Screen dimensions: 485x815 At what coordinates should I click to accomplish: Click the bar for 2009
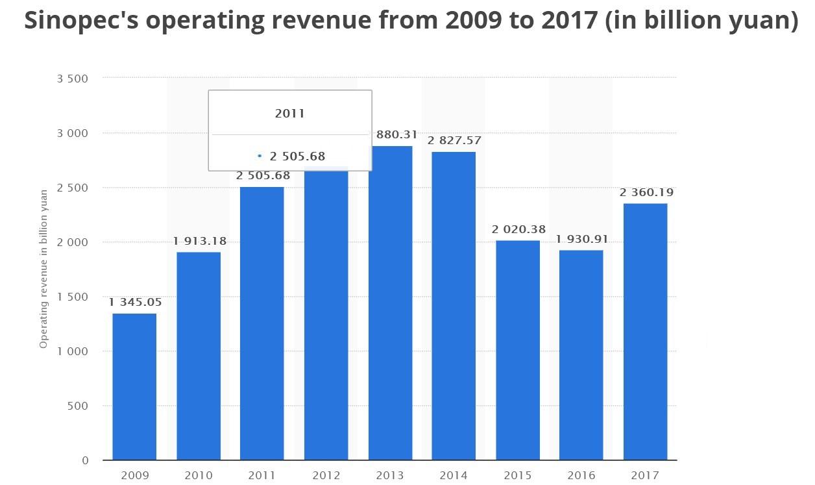134,387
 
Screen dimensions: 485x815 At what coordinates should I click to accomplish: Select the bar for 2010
199,356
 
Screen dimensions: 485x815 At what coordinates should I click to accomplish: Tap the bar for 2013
390,303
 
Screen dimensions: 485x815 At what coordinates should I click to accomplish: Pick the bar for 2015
518,350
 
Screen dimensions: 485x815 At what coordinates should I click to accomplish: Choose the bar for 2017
645,332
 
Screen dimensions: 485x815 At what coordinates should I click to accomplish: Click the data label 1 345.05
135,302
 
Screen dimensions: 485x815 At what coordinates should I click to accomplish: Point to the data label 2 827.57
454,140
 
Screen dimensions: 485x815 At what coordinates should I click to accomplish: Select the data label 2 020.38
518,229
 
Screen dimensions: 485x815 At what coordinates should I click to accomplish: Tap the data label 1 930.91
581,239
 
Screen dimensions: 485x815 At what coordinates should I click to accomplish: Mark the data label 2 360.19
646,192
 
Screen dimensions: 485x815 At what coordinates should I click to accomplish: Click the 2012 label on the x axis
326,475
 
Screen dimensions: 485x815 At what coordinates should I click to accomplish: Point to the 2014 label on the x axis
454,475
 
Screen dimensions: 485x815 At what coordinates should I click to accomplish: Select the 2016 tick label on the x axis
581,475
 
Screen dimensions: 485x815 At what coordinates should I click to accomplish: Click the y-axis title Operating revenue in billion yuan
44,269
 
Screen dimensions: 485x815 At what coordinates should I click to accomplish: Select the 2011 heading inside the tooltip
289,114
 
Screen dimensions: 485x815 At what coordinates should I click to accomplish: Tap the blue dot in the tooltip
260,156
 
